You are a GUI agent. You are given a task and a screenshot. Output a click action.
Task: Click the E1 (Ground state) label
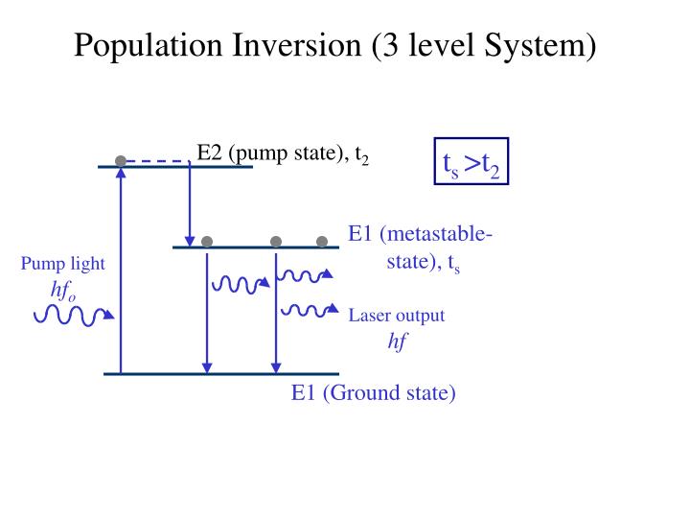(x=374, y=393)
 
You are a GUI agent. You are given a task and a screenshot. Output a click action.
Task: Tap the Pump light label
(x=63, y=264)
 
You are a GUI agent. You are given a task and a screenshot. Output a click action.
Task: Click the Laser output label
(x=397, y=316)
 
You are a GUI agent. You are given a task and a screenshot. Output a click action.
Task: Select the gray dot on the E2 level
(x=121, y=160)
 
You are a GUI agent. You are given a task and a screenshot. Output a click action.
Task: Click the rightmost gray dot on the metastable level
(x=322, y=241)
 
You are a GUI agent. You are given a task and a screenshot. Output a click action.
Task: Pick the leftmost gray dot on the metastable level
(x=207, y=241)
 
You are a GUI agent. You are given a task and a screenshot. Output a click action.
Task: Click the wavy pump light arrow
(x=73, y=313)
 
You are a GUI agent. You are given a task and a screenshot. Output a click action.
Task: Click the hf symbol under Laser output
(x=397, y=341)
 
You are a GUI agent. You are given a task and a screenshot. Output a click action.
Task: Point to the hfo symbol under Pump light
(x=63, y=292)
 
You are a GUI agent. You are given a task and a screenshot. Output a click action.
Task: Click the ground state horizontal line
(x=221, y=373)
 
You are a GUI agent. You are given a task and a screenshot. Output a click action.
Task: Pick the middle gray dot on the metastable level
(x=276, y=241)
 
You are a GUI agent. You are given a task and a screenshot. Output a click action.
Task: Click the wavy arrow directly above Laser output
(x=307, y=309)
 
